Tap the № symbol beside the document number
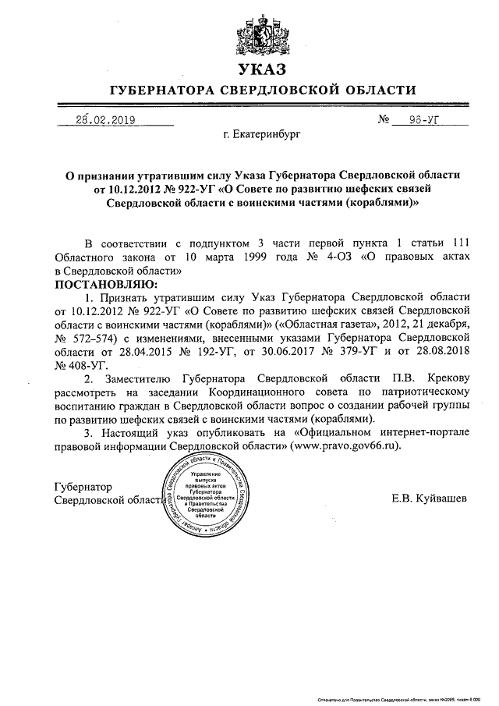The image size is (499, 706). (384, 121)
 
